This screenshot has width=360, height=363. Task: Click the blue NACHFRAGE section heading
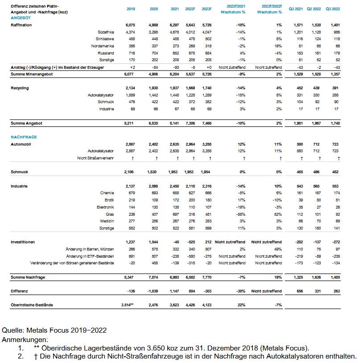coord(24,137)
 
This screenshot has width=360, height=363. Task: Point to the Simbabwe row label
coord(105,39)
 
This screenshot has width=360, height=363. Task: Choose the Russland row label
coord(105,53)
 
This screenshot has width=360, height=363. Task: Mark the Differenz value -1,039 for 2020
coord(153,291)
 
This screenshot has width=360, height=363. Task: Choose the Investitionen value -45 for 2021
coord(176,242)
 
